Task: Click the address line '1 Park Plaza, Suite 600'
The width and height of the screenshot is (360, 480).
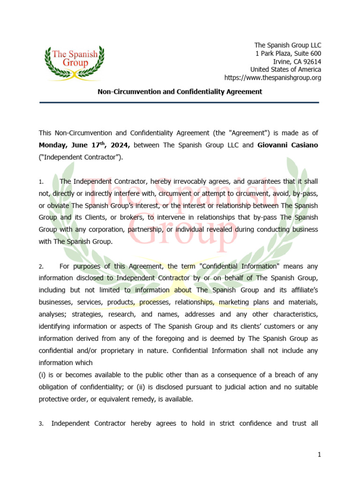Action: (x=288, y=53)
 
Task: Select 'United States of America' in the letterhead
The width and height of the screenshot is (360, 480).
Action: (x=287, y=69)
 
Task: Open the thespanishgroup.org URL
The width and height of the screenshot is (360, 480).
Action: (x=273, y=78)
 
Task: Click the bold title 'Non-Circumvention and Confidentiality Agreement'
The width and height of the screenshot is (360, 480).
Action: (x=180, y=92)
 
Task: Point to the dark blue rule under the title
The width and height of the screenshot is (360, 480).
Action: (x=180, y=102)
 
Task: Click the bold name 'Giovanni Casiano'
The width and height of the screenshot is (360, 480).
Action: (x=287, y=145)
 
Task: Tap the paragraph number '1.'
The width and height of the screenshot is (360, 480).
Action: (x=41, y=181)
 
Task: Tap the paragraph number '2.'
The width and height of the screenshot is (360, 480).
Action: (x=41, y=266)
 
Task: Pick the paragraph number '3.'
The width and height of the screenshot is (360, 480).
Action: (x=41, y=424)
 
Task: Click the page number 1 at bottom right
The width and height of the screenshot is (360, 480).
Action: (x=319, y=455)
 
